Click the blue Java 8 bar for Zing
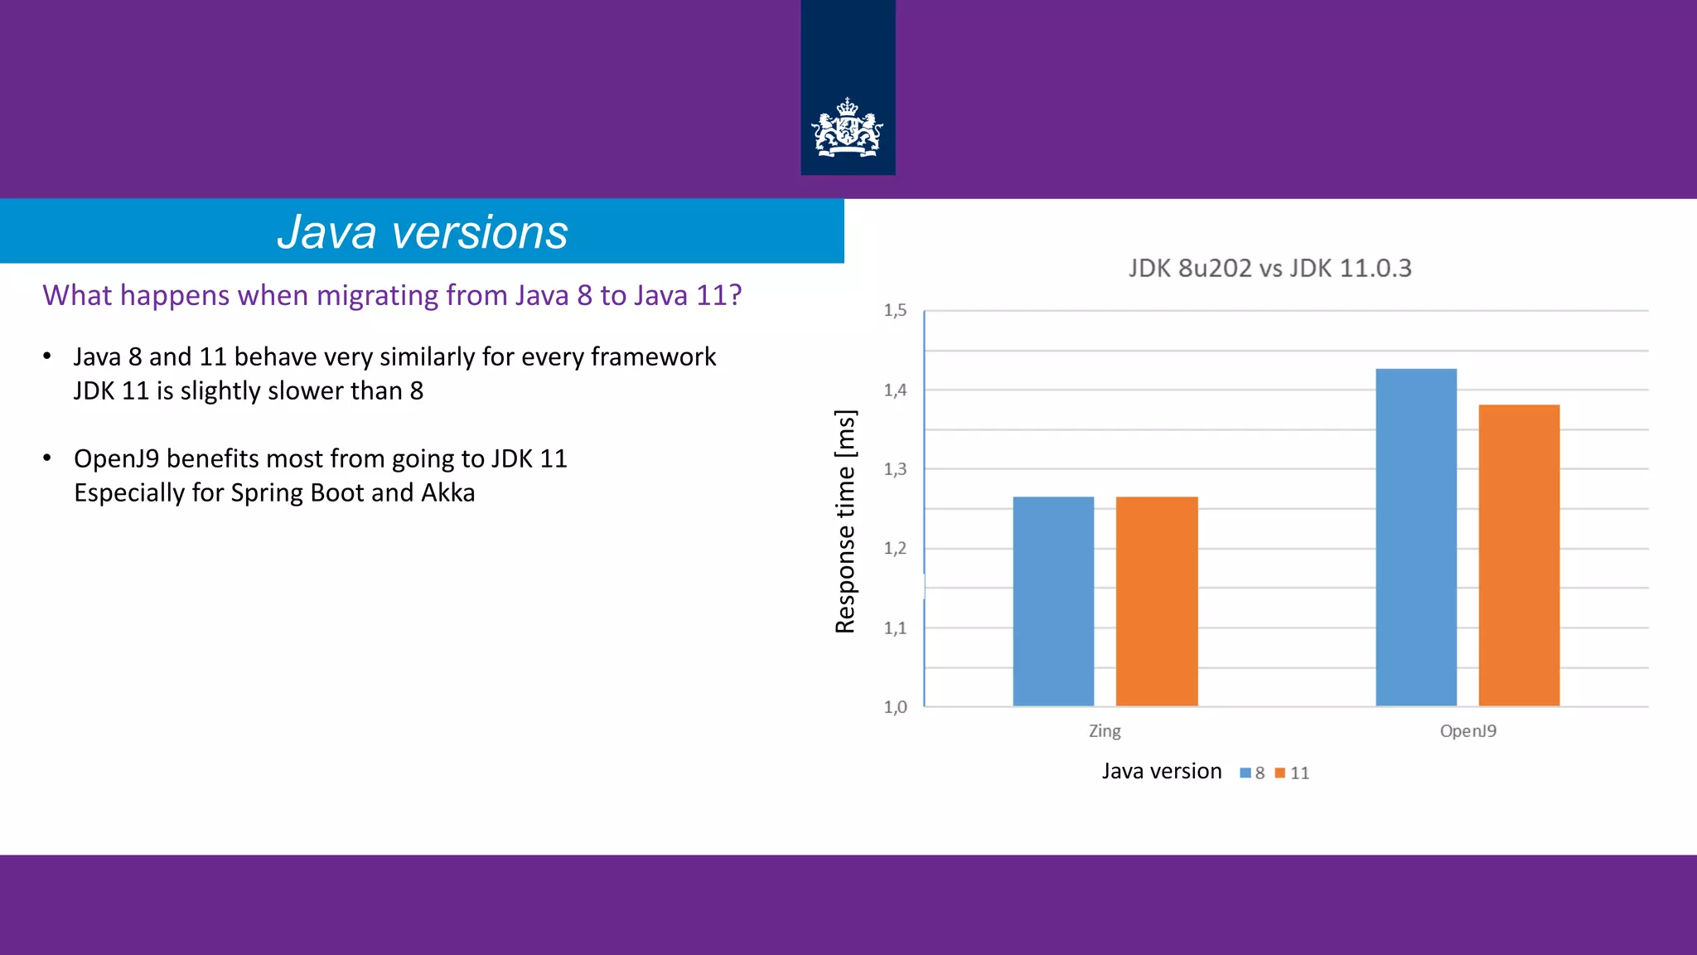coord(1053,601)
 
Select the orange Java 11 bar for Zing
coord(1157,601)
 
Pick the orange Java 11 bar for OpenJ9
coord(1519,555)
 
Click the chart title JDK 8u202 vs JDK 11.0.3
coord(1269,269)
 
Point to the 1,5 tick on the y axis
coord(895,311)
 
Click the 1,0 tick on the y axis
coord(895,707)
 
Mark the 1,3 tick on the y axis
coord(895,469)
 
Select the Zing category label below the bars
coord(1105,731)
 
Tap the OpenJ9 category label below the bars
coord(1467,731)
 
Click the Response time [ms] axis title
coord(845,521)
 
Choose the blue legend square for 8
coord(1245,773)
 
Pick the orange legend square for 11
coord(1279,773)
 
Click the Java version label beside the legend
coord(1161,772)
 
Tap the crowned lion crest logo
coord(847,128)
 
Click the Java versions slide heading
coord(422,231)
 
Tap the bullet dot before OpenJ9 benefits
coord(47,458)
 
